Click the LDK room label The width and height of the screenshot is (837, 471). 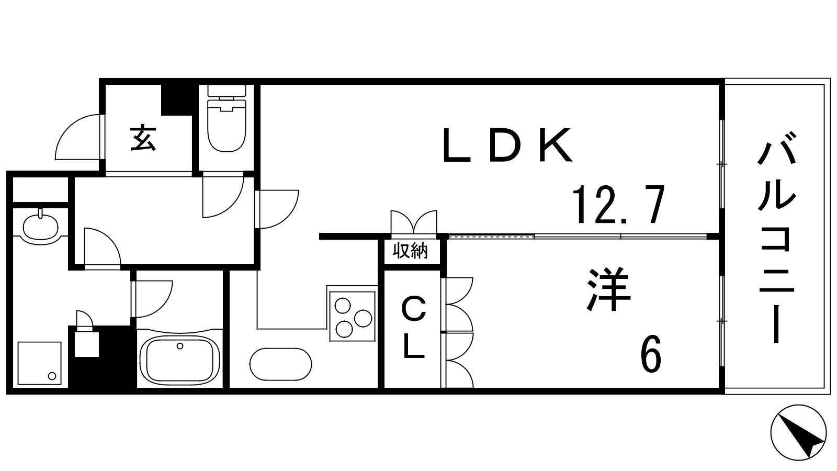[x=507, y=145]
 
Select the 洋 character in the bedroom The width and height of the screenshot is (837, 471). [x=609, y=290]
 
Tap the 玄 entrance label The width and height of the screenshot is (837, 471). [x=143, y=138]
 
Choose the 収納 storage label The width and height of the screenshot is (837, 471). [x=411, y=252]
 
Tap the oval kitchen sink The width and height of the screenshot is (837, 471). [x=281, y=363]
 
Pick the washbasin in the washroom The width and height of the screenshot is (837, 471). [x=40, y=227]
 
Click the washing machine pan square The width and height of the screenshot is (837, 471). [x=40, y=364]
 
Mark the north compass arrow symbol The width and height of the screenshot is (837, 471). [x=798, y=433]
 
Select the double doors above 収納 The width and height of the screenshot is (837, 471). [x=413, y=222]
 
